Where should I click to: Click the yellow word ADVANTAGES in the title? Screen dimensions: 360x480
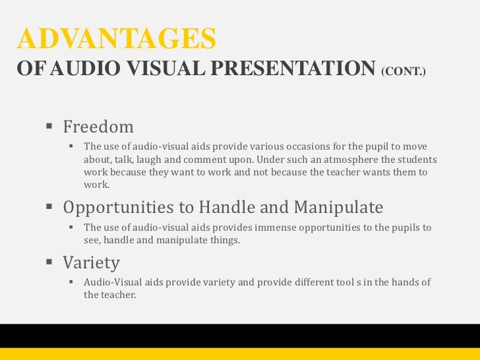[117, 40]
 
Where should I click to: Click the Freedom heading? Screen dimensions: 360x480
[98, 126]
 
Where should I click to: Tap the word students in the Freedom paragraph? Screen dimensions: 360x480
[416, 160]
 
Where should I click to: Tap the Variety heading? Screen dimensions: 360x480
[91, 263]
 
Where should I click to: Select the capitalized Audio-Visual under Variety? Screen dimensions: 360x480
[113, 282]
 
